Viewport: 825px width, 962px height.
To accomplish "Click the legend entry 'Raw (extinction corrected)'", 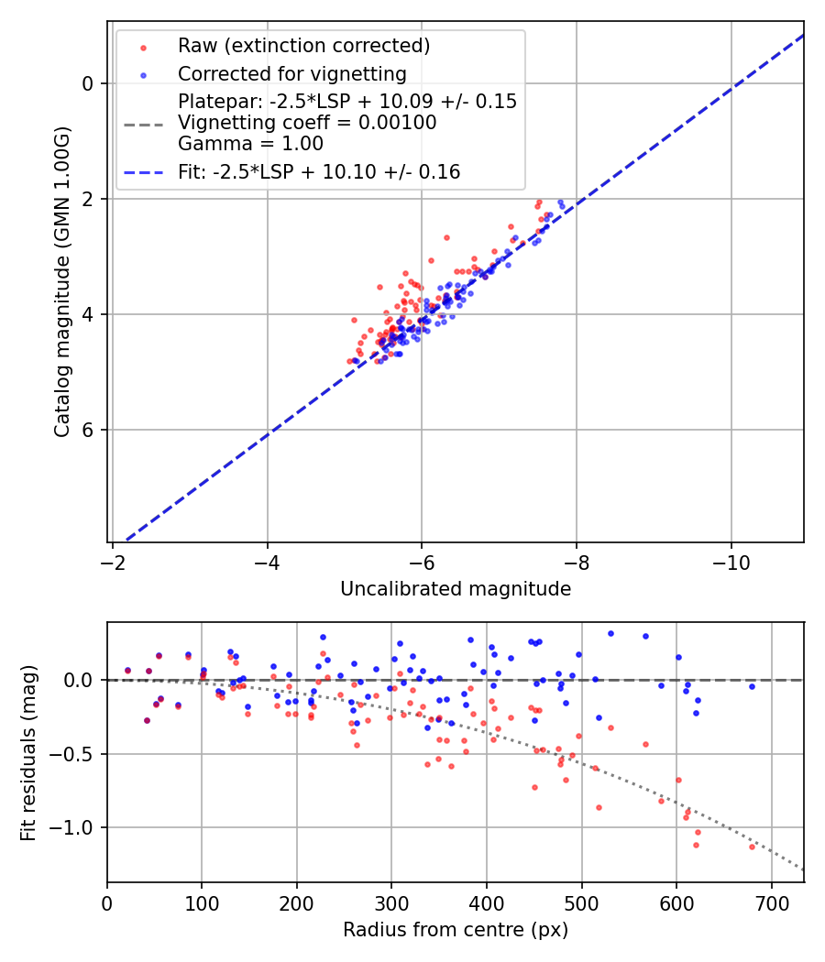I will click(303, 45).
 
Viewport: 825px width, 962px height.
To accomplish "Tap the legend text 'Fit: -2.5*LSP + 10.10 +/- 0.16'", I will click(319, 171).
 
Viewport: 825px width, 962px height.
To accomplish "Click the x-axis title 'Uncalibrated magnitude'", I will click(456, 589).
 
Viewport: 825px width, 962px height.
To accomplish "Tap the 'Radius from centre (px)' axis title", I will click(456, 930).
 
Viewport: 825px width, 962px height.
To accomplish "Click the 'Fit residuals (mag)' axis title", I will click(28, 752).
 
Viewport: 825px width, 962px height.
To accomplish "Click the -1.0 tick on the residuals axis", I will click(77, 828).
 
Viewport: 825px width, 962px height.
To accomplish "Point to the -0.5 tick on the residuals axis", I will click(77, 754).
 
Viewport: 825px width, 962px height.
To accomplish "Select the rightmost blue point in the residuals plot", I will click(752, 686).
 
